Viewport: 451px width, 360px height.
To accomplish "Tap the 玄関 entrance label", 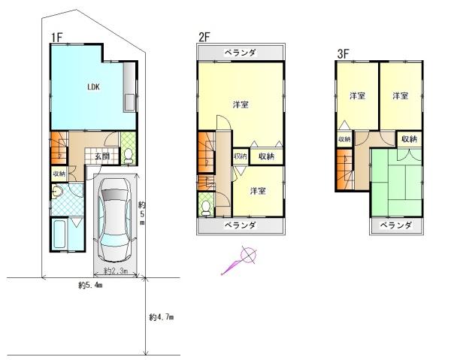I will pos(102,156).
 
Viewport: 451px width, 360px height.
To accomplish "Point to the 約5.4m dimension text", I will pos(89,286).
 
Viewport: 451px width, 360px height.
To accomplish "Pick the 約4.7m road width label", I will pos(161,318).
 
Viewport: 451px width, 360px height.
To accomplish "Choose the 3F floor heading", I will pos(343,54).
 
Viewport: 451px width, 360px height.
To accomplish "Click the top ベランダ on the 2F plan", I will pos(241,53).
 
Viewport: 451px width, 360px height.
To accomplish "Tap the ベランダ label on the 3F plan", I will pos(394,225).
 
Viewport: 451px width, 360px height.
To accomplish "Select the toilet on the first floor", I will pos(129,155).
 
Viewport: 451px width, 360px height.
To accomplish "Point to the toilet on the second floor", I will pos(206,204).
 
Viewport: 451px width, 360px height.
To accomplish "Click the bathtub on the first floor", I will pos(62,235).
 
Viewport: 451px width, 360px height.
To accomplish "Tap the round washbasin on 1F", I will pos(58,193).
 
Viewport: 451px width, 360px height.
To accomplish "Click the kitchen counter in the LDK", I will pos(129,87).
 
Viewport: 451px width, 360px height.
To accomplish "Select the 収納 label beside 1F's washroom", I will pos(59,173).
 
